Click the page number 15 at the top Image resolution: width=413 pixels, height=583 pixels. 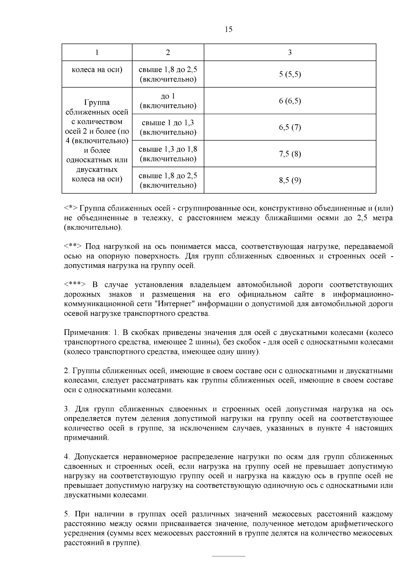tap(229, 30)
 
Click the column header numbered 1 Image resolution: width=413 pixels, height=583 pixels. tap(97, 53)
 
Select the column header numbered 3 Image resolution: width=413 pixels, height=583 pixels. tap(290, 53)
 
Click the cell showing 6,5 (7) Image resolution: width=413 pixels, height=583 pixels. tap(290, 127)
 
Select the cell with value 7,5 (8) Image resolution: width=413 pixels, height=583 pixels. tap(290, 154)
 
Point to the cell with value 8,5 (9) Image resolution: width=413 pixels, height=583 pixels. tap(290, 180)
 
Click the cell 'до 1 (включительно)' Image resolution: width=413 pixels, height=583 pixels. tap(168, 101)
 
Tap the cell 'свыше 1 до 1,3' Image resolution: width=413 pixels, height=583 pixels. tap(168, 123)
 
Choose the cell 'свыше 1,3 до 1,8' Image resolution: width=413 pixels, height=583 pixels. tap(168, 149)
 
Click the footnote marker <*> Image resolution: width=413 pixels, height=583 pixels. tap(71, 209)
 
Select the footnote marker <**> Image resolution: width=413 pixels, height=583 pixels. tap(73, 247)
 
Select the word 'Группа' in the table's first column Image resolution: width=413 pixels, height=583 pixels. tap(97, 102)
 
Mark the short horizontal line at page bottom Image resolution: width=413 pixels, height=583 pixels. tap(228, 556)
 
